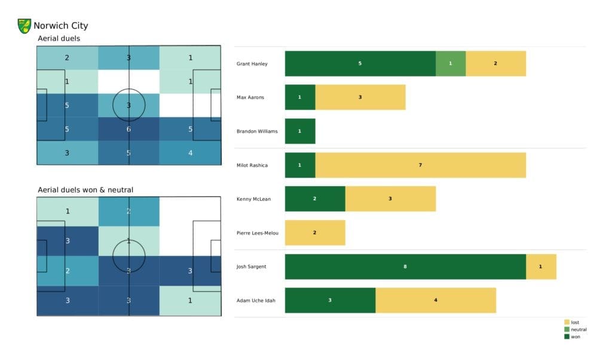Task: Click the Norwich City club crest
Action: click(x=25, y=26)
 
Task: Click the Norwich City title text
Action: click(x=60, y=26)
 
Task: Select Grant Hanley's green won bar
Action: click(x=360, y=63)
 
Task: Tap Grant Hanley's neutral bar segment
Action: click(x=451, y=63)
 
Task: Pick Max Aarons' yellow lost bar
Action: click(x=360, y=97)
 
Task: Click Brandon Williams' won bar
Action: click(x=300, y=131)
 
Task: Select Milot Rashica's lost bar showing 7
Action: click(x=420, y=165)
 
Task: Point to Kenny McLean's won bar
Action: click(x=315, y=199)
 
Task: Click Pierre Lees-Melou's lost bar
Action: click(x=315, y=233)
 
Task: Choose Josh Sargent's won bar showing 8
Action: click(x=405, y=267)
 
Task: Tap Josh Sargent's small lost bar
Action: click(x=541, y=267)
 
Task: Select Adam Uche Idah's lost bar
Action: click(x=436, y=300)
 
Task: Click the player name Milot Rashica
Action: click(x=253, y=165)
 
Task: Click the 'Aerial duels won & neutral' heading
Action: click(x=85, y=190)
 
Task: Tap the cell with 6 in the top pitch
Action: click(x=129, y=129)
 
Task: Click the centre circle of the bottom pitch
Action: click(x=129, y=256)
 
